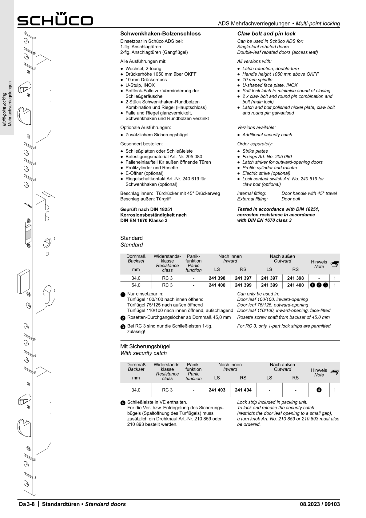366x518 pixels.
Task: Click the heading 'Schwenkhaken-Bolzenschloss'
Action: coord(160,34)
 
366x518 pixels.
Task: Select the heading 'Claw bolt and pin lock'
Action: coord(266,34)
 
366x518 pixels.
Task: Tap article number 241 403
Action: coord(217,390)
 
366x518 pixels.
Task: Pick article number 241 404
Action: coord(243,390)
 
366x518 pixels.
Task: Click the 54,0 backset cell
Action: coord(136,285)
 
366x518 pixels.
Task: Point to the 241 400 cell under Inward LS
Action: coord(217,285)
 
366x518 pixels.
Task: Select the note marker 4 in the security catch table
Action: coord(319,390)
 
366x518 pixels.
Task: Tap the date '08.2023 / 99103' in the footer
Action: coord(320,504)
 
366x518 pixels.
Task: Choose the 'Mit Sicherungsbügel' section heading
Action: coord(145,346)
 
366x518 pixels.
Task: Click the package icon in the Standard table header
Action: coord(335,264)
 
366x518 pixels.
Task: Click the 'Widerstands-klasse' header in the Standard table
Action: coord(167,259)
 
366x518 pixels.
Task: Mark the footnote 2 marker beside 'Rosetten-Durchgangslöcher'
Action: coord(123,318)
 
